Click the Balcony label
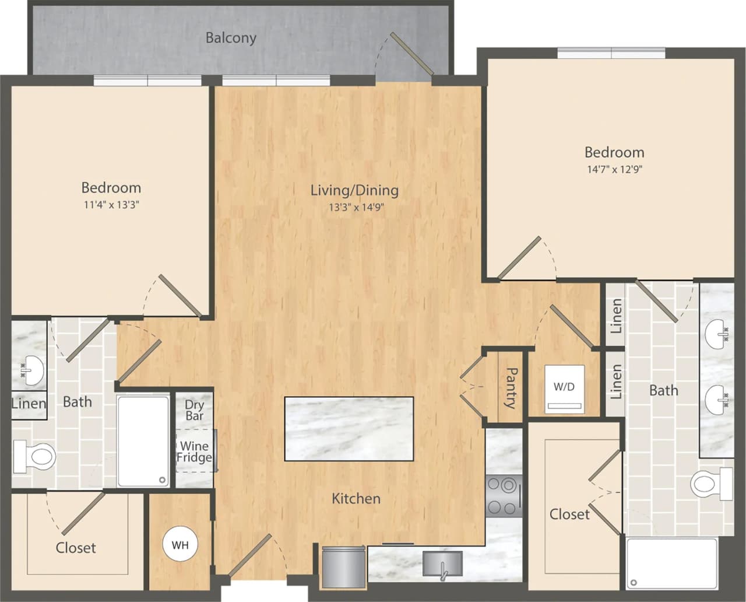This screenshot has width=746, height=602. (x=231, y=38)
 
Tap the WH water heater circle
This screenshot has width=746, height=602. (x=180, y=545)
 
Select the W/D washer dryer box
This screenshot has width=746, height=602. (x=564, y=389)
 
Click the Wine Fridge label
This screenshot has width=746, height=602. (x=194, y=452)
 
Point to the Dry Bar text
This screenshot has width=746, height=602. (x=194, y=410)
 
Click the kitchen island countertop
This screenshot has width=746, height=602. (x=349, y=429)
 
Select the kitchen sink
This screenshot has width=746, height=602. (x=443, y=563)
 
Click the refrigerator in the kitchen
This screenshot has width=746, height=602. (x=344, y=566)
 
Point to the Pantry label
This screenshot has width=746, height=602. (x=511, y=387)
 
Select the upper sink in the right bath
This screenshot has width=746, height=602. (x=716, y=335)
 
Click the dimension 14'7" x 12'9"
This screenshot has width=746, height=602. (x=614, y=170)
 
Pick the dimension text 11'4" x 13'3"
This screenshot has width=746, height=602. (x=111, y=205)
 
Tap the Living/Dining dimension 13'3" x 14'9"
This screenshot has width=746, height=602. (x=356, y=206)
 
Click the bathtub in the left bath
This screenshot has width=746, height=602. (x=143, y=441)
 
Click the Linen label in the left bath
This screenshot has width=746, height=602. (x=29, y=403)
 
